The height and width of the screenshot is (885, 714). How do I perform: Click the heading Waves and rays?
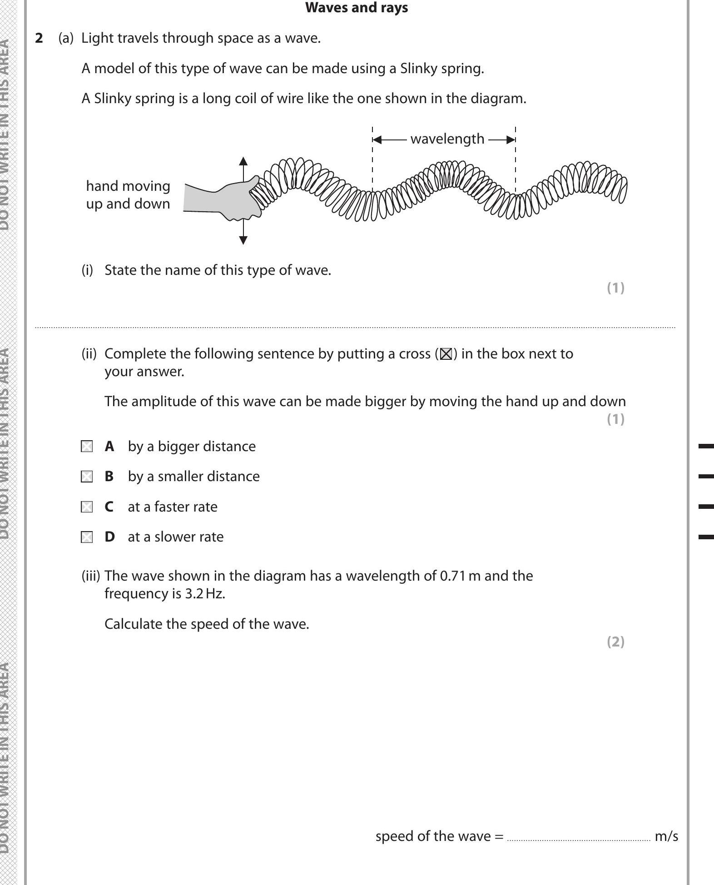tap(357, 8)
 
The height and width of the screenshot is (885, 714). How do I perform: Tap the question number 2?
tap(39, 38)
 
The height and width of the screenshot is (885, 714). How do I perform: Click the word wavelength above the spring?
tap(447, 139)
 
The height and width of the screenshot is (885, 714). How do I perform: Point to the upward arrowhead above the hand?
tap(243, 161)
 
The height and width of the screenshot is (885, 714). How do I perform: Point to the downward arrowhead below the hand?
tap(243, 240)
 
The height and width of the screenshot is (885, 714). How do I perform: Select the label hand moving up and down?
tap(128, 195)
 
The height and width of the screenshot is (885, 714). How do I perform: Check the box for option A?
tap(87, 447)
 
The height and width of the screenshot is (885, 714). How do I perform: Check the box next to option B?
tap(87, 477)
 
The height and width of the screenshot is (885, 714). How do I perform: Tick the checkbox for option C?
tap(87, 507)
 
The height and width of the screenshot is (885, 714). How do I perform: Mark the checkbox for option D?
tap(87, 537)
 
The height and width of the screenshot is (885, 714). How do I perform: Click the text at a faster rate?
tap(173, 507)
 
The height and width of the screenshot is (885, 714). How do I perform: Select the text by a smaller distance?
tap(193, 477)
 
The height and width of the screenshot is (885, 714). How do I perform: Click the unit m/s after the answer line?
tap(666, 836)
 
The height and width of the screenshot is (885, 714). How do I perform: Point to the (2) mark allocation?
tap(615, 642)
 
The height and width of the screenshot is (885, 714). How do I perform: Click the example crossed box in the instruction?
tap(446, 354)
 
